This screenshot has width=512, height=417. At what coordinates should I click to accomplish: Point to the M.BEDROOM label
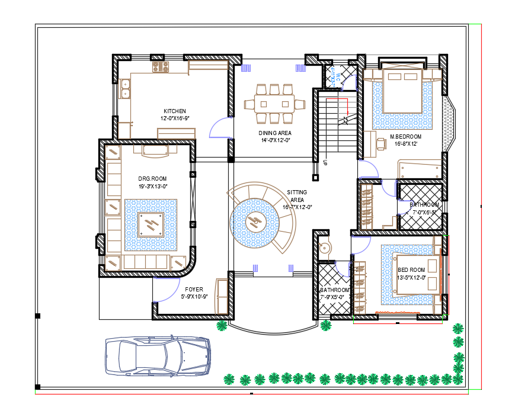406,137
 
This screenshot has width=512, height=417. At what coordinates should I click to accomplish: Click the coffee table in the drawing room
151,224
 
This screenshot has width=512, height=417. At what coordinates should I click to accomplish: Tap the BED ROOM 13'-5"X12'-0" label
411,273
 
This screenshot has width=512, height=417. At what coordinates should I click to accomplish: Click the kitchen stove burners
161,67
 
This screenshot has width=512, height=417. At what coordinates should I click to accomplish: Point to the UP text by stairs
325,161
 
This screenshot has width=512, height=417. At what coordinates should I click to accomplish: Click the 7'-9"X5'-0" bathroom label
335,293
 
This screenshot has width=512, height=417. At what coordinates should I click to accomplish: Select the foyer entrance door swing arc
167,289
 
